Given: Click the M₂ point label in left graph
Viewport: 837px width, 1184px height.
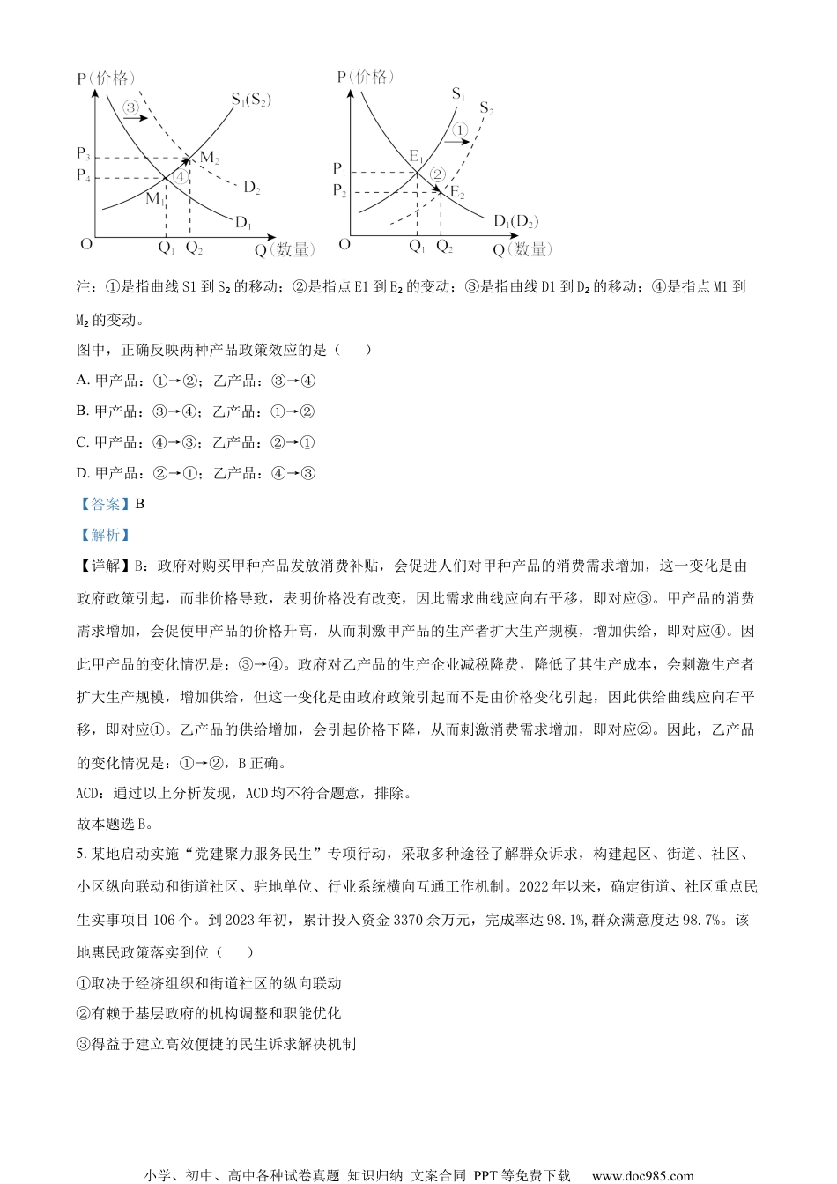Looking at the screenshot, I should (209, 158).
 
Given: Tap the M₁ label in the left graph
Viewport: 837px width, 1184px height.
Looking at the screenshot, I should (155, 198).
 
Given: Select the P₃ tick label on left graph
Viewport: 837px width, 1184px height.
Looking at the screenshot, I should (84, 154).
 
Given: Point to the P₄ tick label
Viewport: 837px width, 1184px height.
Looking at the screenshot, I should (84, 175).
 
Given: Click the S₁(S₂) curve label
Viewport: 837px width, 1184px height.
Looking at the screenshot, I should (251, 100).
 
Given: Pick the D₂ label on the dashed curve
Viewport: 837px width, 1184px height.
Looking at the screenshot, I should (251, 187).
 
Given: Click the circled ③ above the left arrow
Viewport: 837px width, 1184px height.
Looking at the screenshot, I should (130, 107).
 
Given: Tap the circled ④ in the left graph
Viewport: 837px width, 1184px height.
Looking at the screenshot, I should (180, 175).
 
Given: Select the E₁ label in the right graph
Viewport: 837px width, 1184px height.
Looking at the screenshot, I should (416, 157).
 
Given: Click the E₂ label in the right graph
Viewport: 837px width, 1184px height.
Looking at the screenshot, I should (456, 192).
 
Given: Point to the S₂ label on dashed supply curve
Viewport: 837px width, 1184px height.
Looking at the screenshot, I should (486, 109).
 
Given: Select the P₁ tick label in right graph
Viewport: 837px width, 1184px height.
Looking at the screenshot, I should (339, 168).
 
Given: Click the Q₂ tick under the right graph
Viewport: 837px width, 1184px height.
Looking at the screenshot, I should (445, 247).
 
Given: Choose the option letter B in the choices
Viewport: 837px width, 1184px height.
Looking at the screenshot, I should (82, 411).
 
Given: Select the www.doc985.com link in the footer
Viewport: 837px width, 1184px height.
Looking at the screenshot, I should (642, 1175).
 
